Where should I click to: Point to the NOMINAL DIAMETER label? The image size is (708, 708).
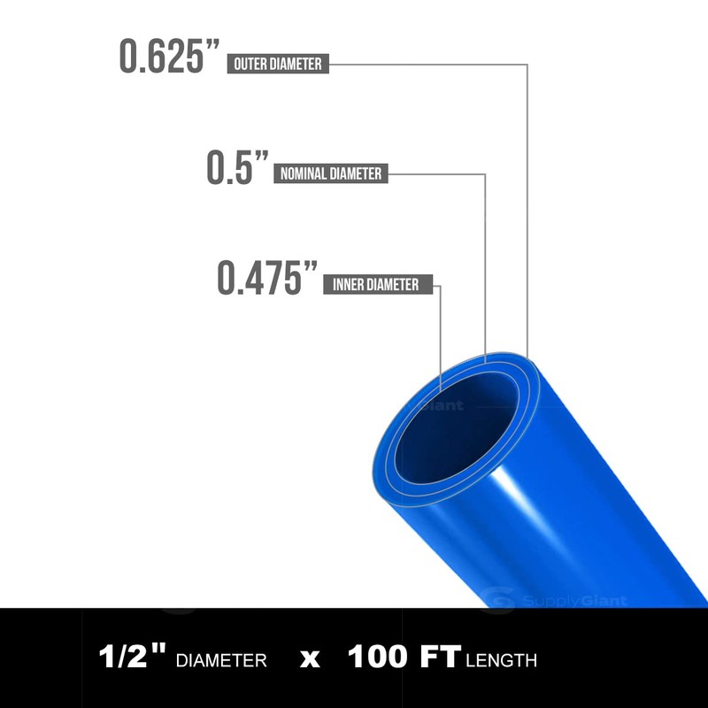click(x=331, y=173)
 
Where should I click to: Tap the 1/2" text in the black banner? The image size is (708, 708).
click(x=133, y=658)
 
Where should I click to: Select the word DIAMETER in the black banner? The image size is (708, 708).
click(x=221, y=659)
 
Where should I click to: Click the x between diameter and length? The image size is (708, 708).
click(x=309, y=659)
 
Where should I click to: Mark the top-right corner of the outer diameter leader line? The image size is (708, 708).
click(x=527, y=64)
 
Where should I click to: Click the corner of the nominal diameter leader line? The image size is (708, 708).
click(x=486, y=173)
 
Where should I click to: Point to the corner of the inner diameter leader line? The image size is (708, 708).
click(x=441, y=285)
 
